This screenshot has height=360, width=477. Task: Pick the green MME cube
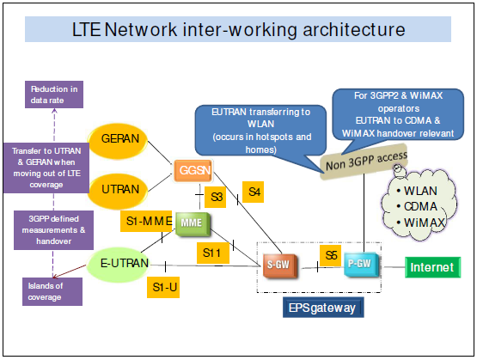tap(190, 224)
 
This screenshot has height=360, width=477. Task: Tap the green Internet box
tap(431, 267)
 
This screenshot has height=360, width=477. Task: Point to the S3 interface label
tap(218, 198)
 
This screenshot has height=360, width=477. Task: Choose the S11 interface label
tap(211, 253)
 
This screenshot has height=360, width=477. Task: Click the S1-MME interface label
tap(147, 222)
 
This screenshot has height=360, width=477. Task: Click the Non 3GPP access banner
tap(365, 160)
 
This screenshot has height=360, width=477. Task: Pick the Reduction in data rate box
tap(53, 94)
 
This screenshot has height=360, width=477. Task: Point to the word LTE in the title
tap(95, 30)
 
